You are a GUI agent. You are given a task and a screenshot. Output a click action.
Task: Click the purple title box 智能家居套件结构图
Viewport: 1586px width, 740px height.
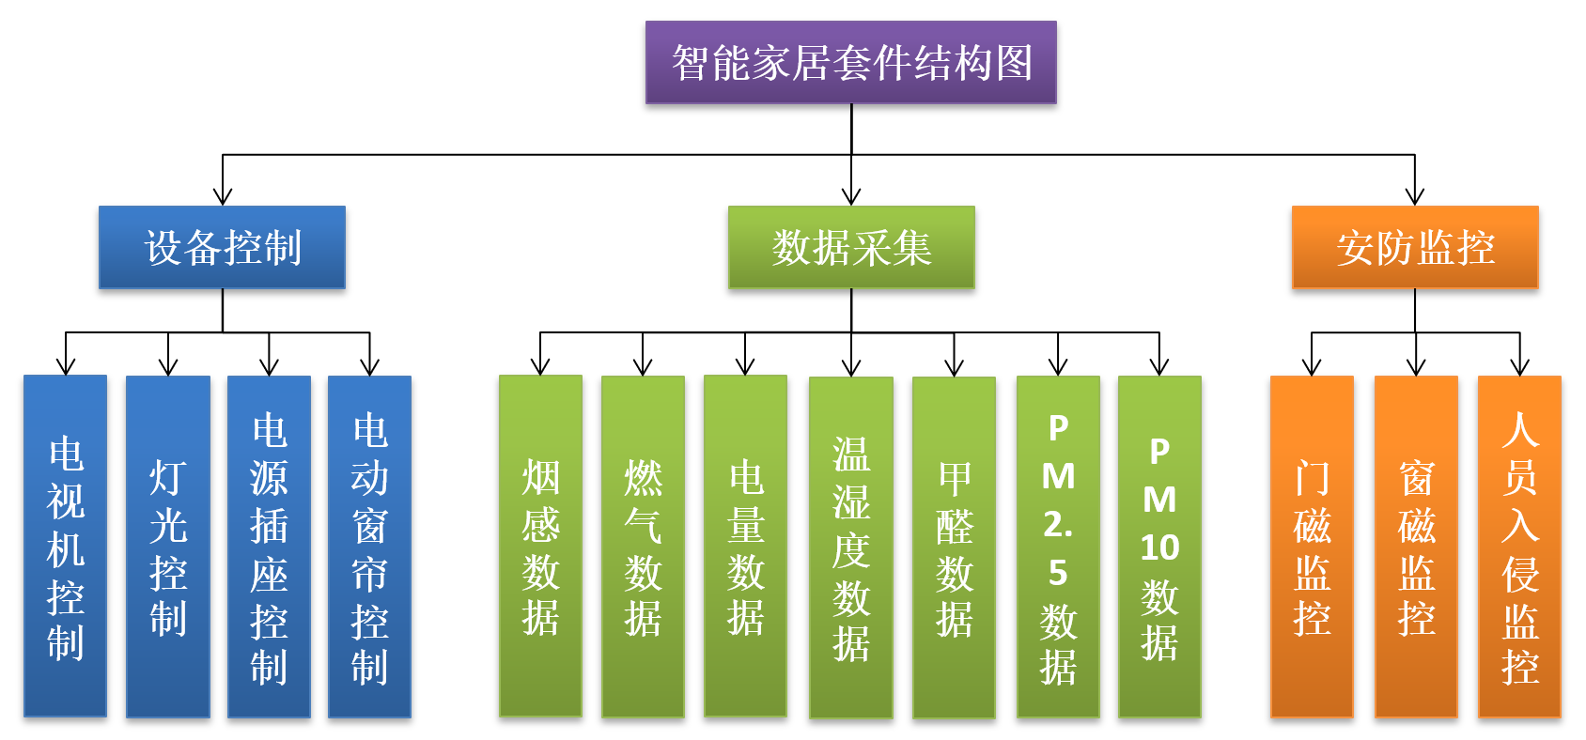(851, 62)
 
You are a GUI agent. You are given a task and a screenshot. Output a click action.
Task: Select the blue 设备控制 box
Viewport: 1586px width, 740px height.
(223, 247)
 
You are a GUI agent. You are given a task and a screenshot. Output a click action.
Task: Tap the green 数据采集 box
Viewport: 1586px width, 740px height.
(851, 247)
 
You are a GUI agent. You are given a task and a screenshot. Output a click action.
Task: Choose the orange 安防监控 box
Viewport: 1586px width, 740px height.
(1415, 247)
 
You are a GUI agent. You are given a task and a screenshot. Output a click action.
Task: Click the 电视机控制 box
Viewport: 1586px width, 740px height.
(65, 547)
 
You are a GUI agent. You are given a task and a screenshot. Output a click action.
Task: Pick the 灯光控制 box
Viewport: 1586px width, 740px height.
(168, 547)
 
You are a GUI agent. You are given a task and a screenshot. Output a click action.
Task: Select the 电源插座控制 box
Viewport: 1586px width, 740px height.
(269, 547)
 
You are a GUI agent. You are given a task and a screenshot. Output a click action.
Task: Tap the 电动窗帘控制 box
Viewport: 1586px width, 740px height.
(369, 547)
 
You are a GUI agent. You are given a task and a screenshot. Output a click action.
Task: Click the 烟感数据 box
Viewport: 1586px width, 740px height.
(540, 547)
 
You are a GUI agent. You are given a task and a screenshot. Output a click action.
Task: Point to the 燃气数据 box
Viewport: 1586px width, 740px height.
(643, 547)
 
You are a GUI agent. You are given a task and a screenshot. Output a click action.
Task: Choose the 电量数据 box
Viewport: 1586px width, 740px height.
(746, 547)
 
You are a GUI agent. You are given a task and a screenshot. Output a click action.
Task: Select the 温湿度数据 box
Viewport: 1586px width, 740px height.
(851, 547)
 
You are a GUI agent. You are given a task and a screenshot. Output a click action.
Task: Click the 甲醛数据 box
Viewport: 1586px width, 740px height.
(954, 547)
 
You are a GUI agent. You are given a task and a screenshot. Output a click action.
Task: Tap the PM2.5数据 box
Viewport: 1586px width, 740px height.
(1058, 547)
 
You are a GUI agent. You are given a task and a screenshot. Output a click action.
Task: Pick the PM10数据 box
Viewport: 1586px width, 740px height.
(1159, 547)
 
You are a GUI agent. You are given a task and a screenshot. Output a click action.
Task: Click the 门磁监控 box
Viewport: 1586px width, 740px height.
(1312, 547)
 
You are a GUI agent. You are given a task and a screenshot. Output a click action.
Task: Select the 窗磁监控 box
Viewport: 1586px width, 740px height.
(1416, 547)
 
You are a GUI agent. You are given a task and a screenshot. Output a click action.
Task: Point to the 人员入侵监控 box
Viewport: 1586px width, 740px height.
(1519, 547)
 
